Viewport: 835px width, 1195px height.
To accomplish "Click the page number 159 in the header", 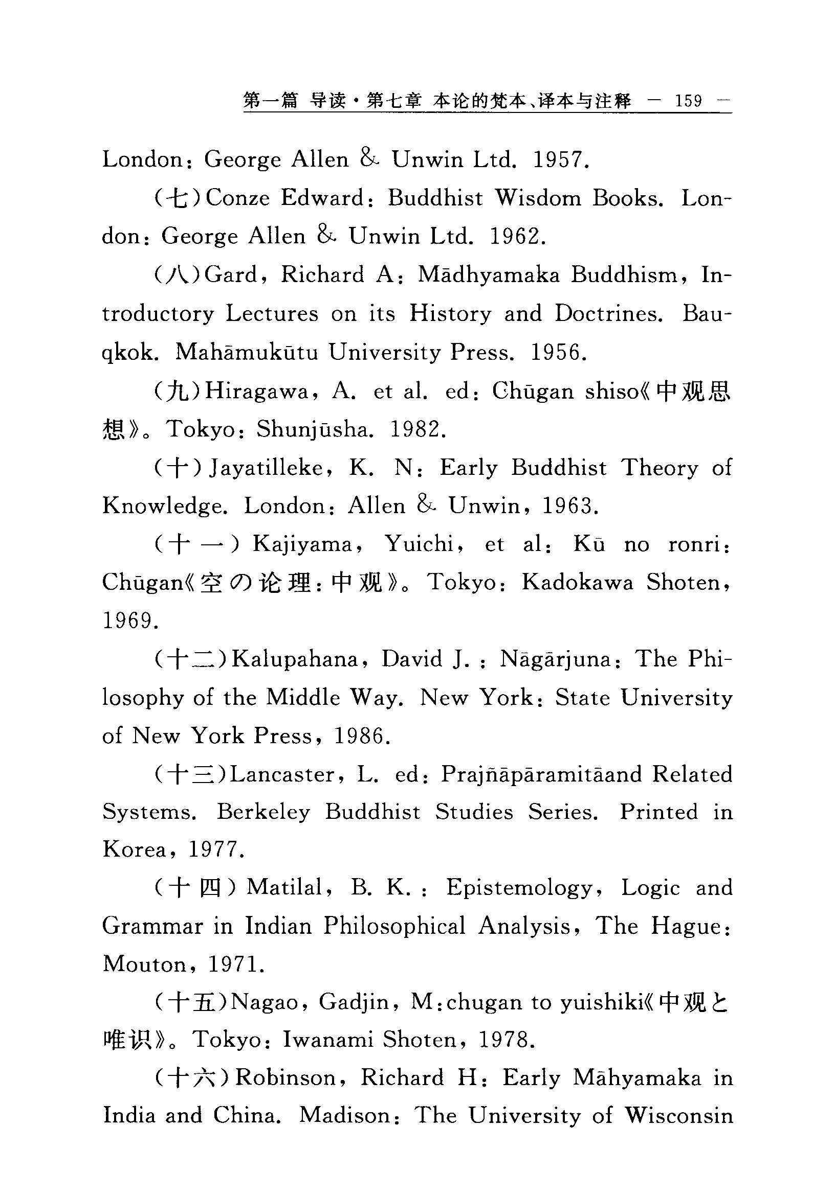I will pos(688,101).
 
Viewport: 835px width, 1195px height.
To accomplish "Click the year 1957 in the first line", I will pos(560,160).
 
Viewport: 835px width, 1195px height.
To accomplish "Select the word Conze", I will pos(237,198).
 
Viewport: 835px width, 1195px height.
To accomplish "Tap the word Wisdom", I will pos(538,198).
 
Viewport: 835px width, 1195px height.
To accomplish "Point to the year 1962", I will pos(517,237).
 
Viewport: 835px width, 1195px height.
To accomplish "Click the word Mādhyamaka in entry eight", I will pos(488,275).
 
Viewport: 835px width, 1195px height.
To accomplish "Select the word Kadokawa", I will pos(577,582).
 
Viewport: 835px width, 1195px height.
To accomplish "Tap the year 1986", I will pos(362,736).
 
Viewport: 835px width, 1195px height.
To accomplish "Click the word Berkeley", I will pos(266,812).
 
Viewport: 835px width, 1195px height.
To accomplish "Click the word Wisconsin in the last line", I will pos(678,1116).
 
